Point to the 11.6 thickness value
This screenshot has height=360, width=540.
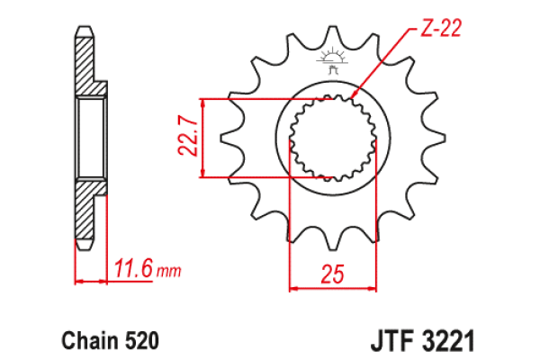point(133,267)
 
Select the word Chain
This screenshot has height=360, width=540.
point(87,342)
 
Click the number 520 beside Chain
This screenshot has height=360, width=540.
point(142,342)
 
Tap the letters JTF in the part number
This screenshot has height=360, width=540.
point(390,342)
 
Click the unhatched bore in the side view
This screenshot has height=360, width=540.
point(90,139)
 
